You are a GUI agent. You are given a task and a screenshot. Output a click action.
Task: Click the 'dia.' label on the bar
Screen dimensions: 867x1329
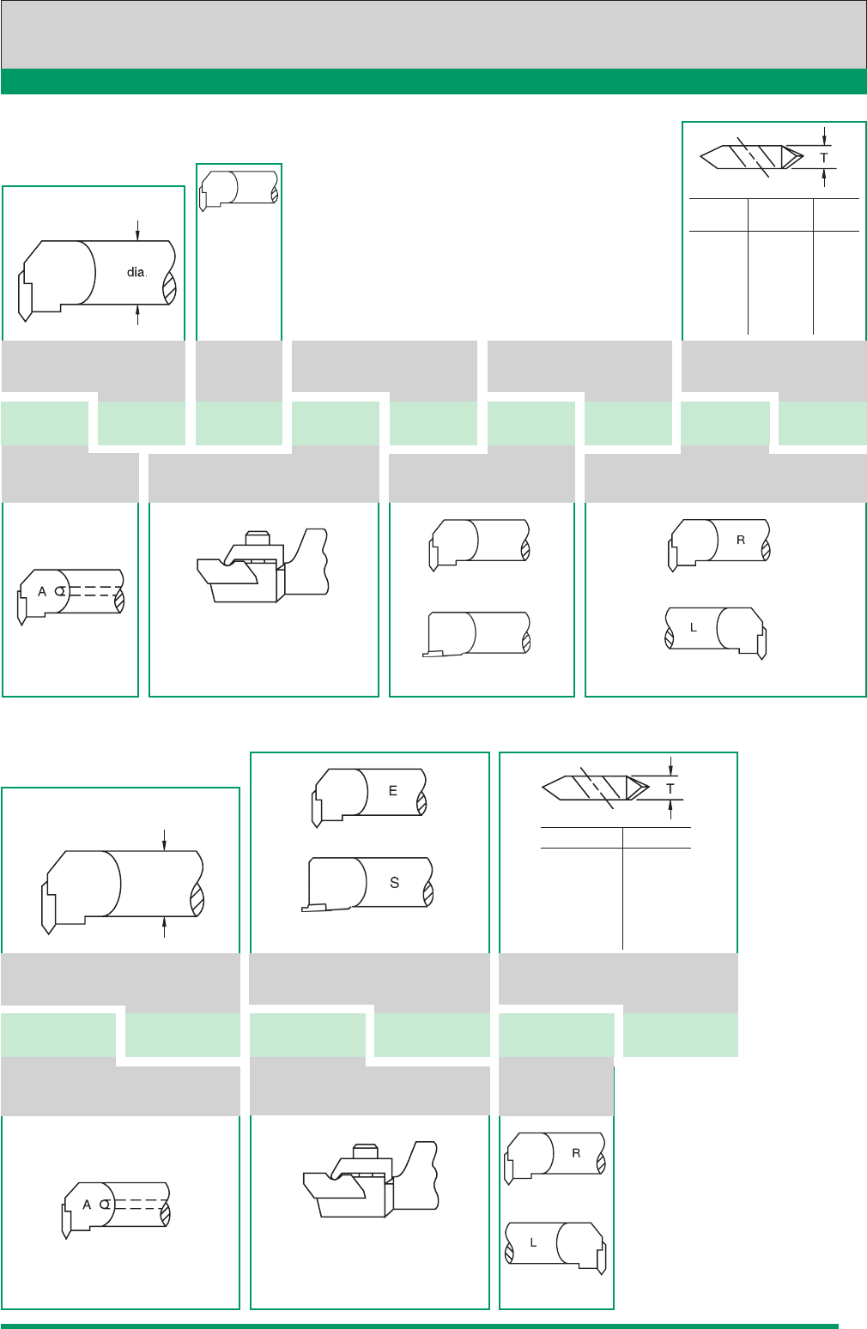click(x=136, y=272)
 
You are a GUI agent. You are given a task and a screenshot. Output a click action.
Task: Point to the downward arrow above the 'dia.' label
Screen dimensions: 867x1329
click(x=137, y=230)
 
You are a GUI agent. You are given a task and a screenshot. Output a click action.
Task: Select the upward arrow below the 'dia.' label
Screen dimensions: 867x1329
click(x=137, y=315)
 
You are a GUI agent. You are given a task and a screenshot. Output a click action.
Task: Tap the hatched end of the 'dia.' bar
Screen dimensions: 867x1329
click(x=170, y=288)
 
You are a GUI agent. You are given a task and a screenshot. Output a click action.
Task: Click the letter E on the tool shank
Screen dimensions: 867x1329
click(x=393, y=791)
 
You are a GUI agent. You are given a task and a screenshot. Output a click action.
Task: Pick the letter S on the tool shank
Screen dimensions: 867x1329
click(x=395, y=883)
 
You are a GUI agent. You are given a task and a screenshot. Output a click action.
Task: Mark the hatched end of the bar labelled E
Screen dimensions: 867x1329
click(x=422, y=805)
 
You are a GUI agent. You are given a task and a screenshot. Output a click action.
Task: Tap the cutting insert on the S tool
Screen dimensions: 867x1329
click(x=314, y=907)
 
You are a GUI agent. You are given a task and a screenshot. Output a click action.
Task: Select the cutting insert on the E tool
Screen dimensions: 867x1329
click(x=316, y=811)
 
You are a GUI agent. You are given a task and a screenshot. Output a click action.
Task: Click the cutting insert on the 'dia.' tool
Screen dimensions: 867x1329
click(x=24, y=295)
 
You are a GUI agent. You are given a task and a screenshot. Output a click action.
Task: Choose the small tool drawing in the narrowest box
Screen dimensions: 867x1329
click(x=239, y=190)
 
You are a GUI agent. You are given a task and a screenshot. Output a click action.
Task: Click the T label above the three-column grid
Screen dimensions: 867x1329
click(x=824, y=158)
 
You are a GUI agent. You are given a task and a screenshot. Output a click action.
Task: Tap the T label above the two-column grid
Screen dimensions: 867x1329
click(x=670, y=789)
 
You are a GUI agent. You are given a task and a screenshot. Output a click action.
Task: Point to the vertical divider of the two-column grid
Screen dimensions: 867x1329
click(x=622, y=888)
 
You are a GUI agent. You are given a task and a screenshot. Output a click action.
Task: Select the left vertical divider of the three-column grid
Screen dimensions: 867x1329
click(x=748, y=266)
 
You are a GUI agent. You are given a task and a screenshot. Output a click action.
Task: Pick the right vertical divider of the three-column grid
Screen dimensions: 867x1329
click(x=813, y=266)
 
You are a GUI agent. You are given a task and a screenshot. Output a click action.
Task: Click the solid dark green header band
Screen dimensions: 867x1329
click(x=433, y=82)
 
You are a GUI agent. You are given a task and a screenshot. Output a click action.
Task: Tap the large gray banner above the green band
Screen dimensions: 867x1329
click(x=433, y=35)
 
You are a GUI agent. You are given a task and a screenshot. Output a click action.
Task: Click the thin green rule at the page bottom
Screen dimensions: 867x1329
click(x=420, y=1326)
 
